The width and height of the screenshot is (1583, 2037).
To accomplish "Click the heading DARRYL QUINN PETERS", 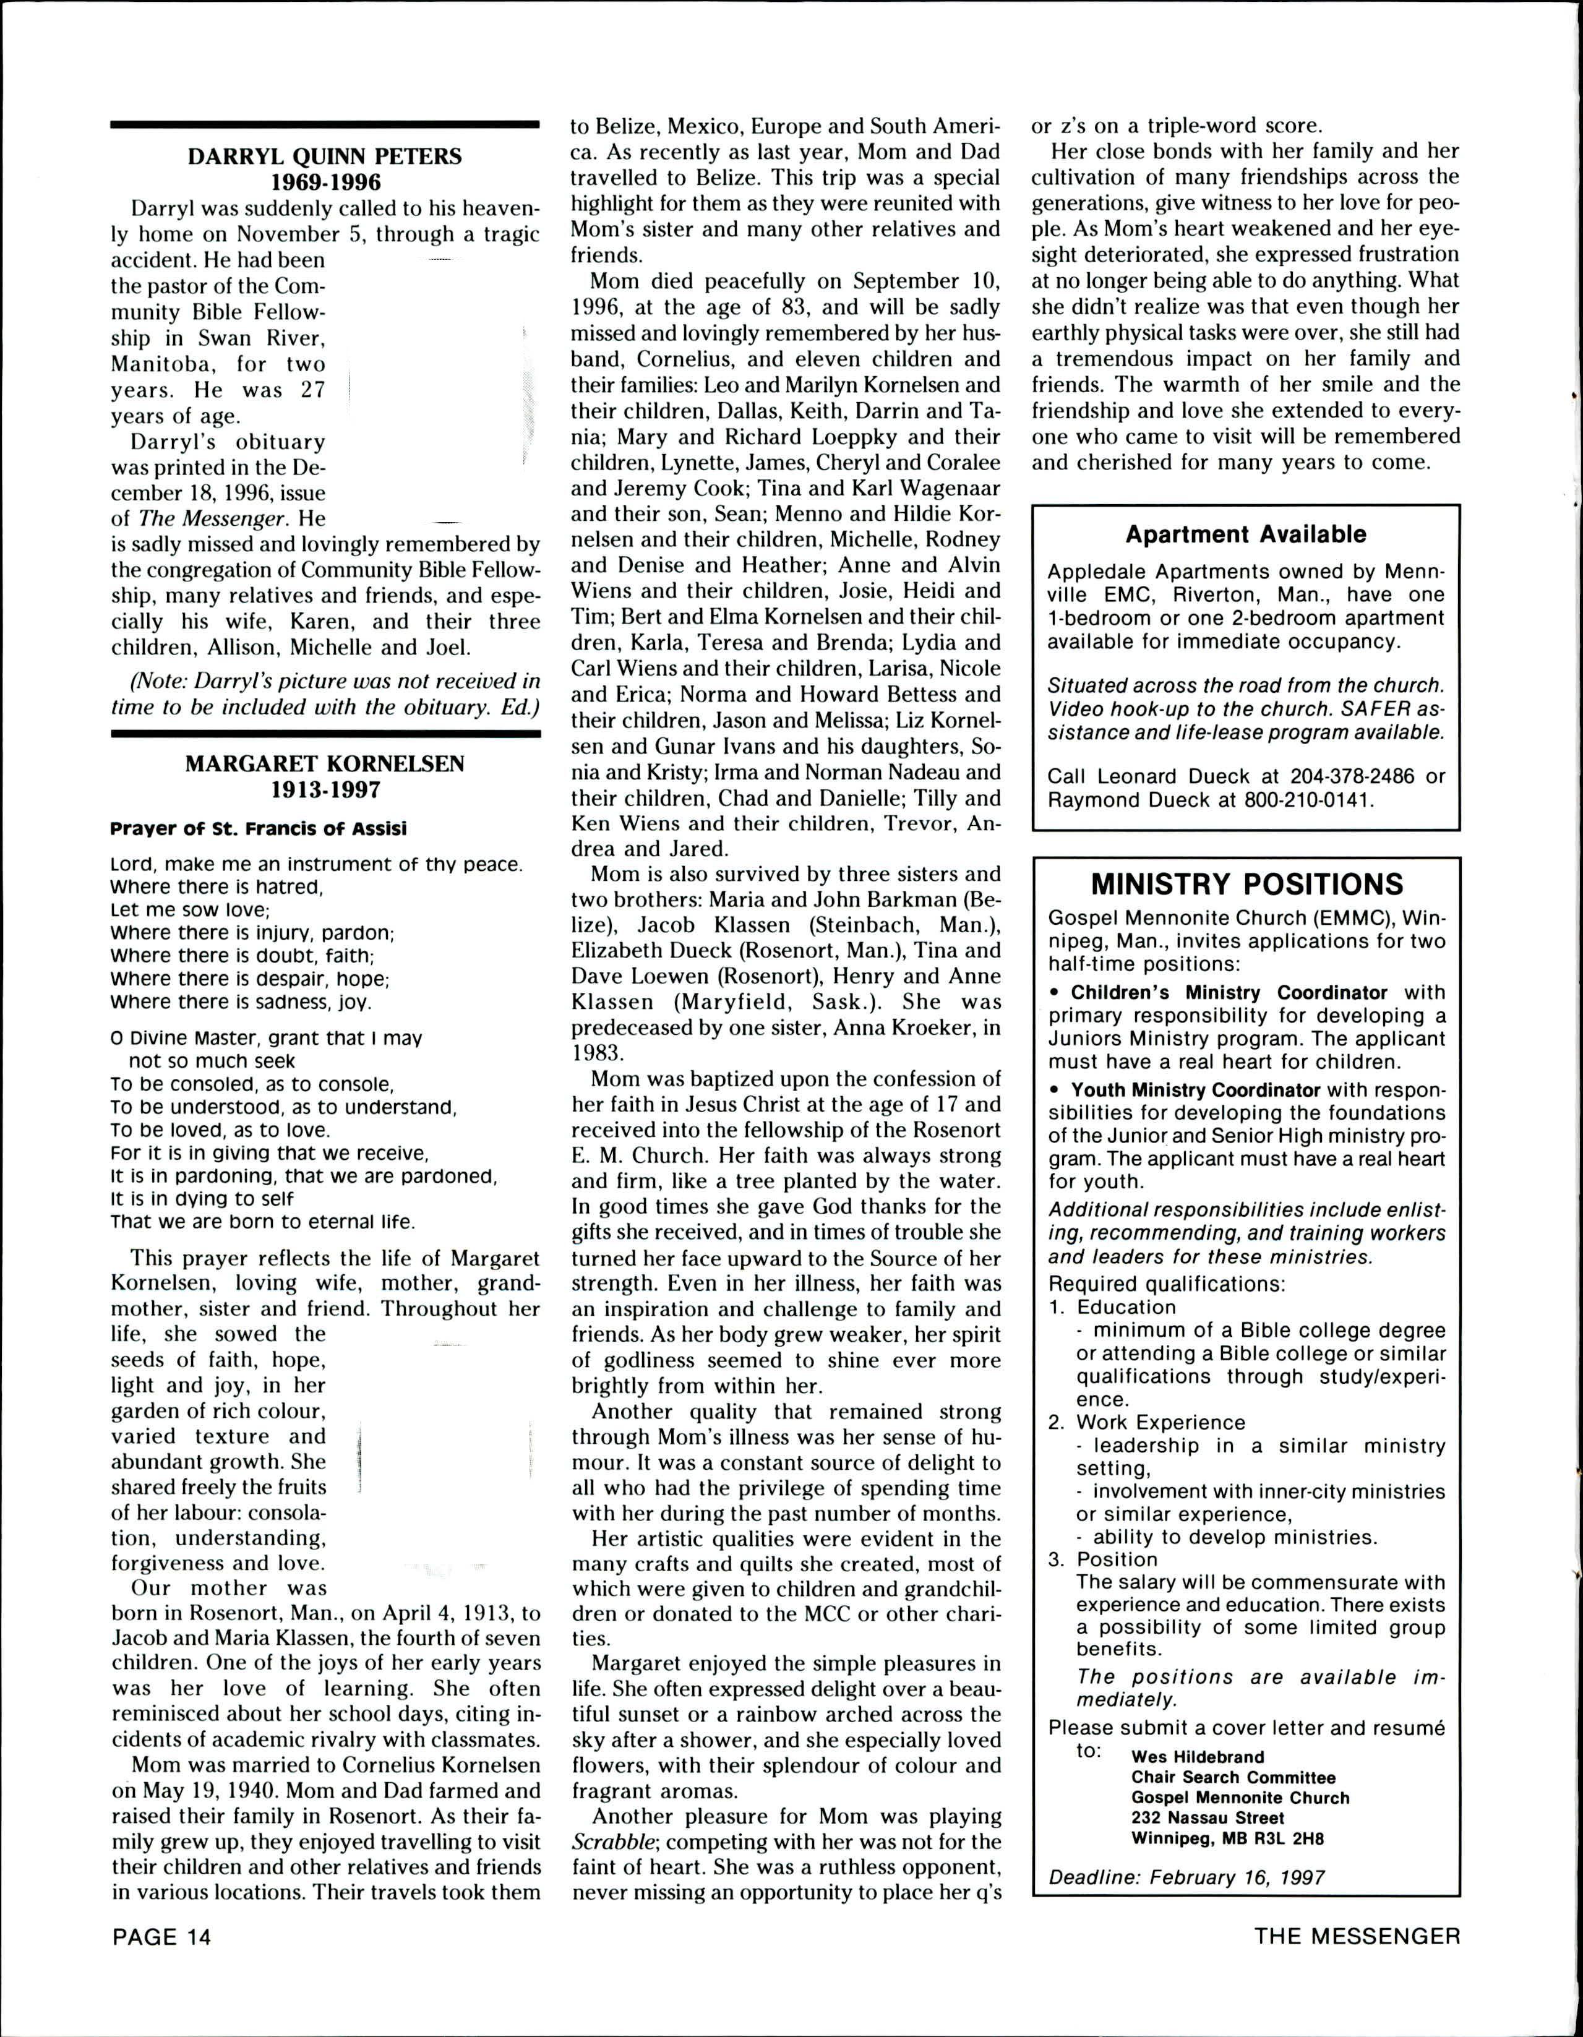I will [x=325, y=156].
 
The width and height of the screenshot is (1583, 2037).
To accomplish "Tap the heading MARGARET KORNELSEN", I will [x=325, y=764].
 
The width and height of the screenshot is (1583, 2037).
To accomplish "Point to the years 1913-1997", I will [x=325, y=790].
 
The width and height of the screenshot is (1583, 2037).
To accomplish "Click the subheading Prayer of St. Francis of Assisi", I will [x=259, y=828].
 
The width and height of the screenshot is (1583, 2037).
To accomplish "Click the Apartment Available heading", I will [x=1245, y=534].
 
